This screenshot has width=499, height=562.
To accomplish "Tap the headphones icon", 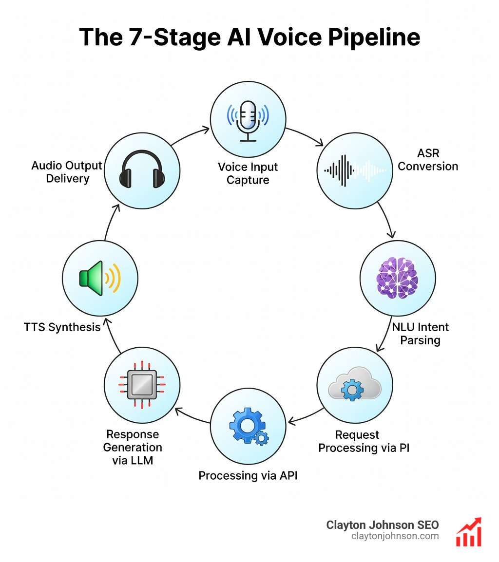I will click(142, 169).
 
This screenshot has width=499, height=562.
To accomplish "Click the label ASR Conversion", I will click(428, 160).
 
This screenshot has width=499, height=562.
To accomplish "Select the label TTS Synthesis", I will click(62, 327).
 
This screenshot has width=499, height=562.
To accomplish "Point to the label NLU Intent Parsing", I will click(420, 333).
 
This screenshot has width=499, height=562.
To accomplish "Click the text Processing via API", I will click(248, 475).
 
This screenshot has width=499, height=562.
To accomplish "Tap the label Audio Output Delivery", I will click(67, 172).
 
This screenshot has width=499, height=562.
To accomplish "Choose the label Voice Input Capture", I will click(248, 173).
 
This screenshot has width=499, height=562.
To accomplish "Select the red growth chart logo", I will click(468, 532).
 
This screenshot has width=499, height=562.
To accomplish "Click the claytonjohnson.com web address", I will click(395, 536).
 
